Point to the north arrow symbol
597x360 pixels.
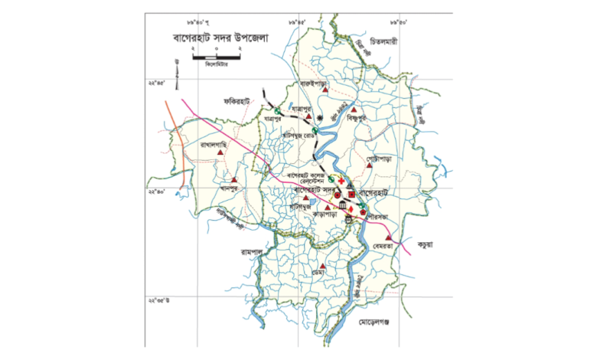tap(177, 74)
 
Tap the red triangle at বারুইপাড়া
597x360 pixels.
tap(326, 90)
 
